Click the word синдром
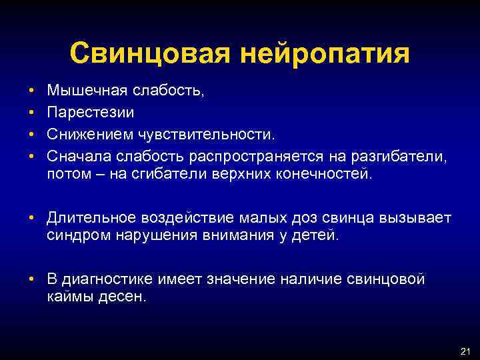pos(74,236)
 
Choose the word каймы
pos(68,297)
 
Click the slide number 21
pos(465,351)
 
